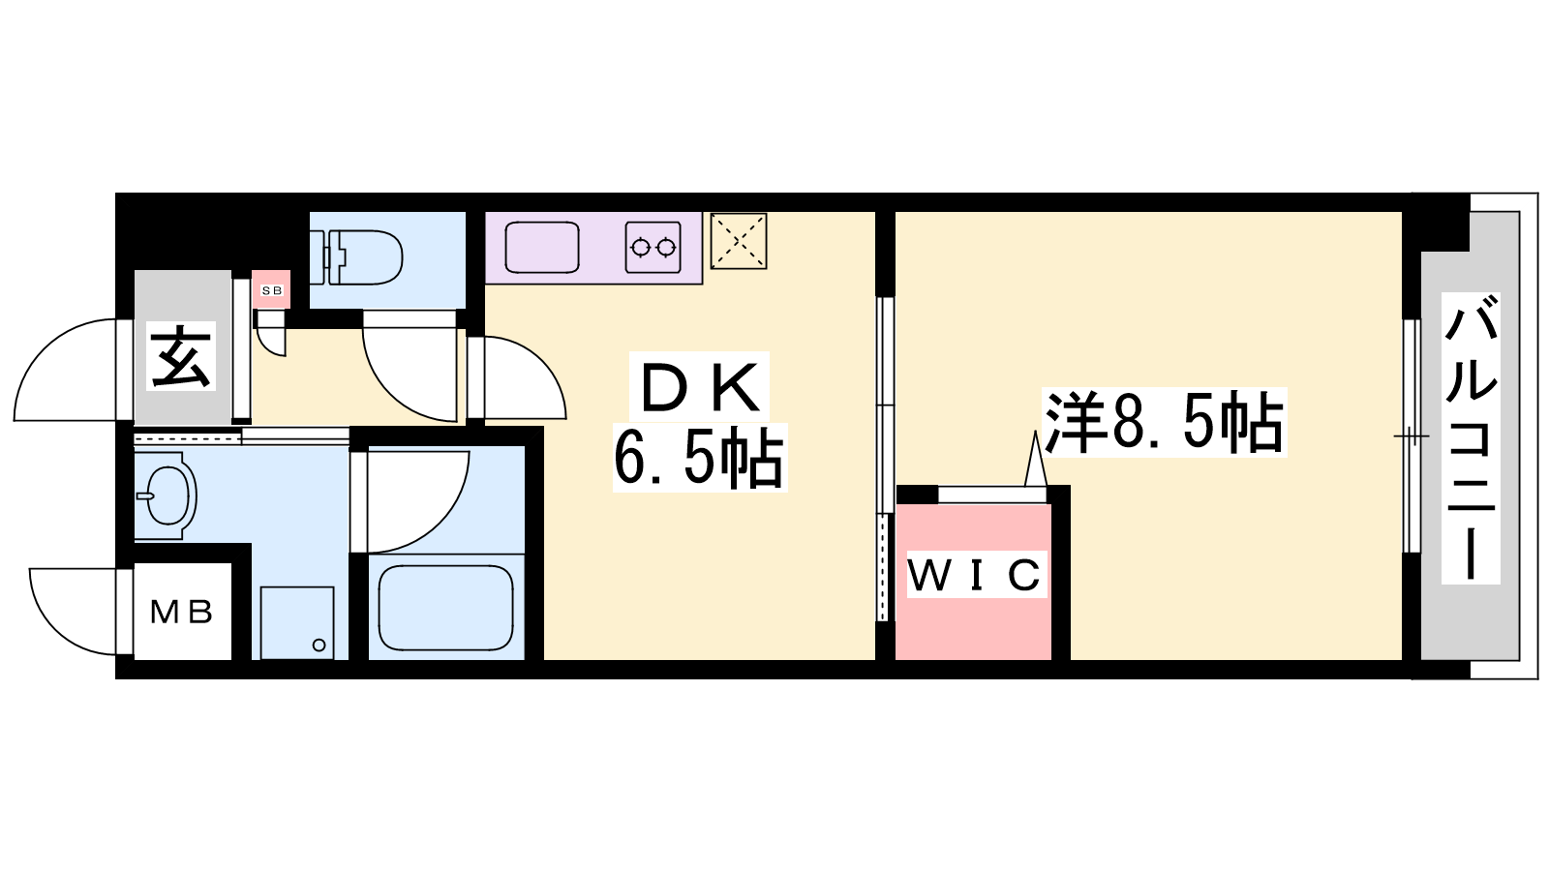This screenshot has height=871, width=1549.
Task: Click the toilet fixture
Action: click(364, 256)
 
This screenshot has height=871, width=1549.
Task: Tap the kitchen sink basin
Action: click(542, 248)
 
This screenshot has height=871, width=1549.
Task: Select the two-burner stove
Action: click(652, 248)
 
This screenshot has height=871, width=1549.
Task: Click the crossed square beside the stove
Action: click(739, 241)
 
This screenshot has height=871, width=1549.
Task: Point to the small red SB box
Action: click(272, 290)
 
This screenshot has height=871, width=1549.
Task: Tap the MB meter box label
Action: click(182, 612)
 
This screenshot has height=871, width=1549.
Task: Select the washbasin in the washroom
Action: click(167, 496)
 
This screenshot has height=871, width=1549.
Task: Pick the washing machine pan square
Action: click(297, 622)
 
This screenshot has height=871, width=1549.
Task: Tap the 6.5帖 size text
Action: click(699, 459)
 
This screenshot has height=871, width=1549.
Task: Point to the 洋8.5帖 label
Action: click(1165, 423)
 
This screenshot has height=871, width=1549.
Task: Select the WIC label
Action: click(974, 576)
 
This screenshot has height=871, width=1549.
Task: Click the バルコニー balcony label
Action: click(1471, 438)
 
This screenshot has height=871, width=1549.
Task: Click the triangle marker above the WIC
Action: click(1036, 460)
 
